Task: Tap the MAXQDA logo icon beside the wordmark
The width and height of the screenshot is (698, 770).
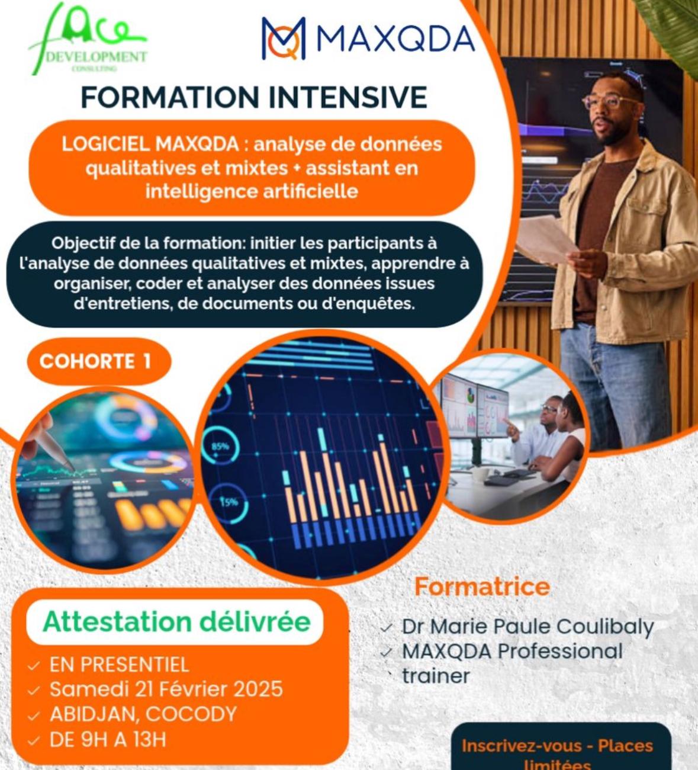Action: (284, 38)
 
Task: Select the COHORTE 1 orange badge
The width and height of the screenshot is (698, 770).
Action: (96, 361)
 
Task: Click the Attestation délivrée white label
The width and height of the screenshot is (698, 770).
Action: (176, 622)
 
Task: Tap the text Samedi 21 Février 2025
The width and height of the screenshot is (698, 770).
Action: (166, 689)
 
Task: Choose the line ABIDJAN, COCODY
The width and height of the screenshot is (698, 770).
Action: (143, 714)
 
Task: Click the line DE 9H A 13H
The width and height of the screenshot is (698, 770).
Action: (107, 740)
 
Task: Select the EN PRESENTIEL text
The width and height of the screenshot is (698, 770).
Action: (119, 665)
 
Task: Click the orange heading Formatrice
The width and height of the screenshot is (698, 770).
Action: (482, 586)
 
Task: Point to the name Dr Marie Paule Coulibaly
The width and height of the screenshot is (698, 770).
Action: (527, 627)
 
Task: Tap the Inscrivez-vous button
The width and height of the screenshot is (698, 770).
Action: (557, 749)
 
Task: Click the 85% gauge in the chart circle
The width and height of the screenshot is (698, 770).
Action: (220, 445)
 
